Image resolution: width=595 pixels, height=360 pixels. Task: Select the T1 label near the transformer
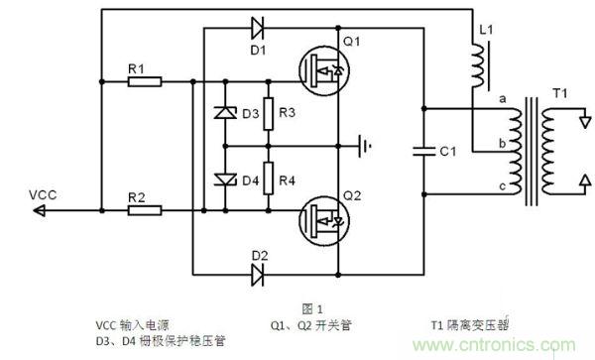tap(560, 94)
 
